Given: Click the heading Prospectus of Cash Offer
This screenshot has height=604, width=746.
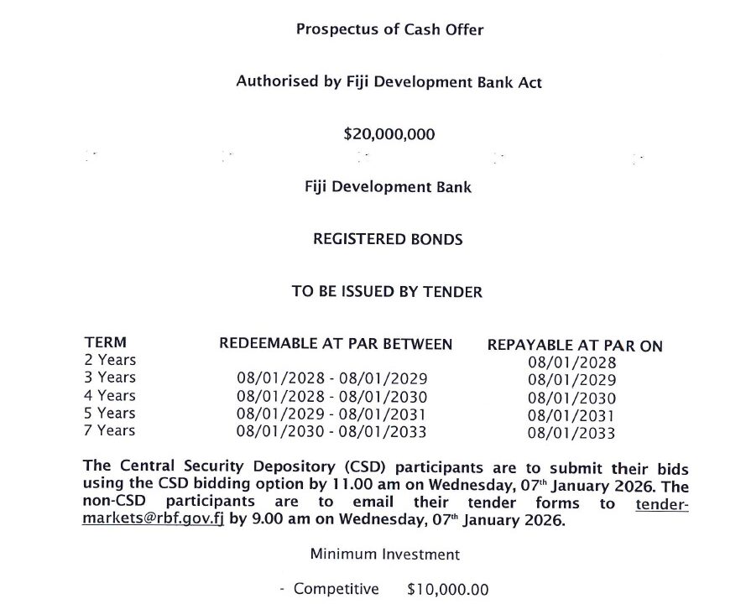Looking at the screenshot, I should tap(389, 29).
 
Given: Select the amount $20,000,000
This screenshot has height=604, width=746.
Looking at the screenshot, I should tap(389, 133).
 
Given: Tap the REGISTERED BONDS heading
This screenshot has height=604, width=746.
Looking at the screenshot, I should tap(387, 239).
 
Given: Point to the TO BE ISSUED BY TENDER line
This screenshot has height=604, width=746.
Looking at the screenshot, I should tap(387, 292).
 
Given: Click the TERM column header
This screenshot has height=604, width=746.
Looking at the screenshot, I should tap(106, 342).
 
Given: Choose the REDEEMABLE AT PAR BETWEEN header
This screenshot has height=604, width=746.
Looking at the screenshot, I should tap(336, 344).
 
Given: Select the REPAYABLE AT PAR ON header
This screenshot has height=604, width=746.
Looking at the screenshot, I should tap(574, 346).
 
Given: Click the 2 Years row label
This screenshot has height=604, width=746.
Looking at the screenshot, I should tap(110, 360).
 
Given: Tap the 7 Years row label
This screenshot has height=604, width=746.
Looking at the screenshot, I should tap(110, 430).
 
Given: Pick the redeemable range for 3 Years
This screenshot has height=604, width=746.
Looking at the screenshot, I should tap(332, 378).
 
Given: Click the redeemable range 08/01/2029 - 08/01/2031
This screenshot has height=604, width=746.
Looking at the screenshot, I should tap(332, 414).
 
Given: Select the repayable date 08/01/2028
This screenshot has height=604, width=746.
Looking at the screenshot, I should tap(571, 363).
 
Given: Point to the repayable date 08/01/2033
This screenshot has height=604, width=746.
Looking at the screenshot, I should tap(571, 434).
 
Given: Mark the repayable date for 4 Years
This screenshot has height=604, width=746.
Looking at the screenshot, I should tap(571, 398).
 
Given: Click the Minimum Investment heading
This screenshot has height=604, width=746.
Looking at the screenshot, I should tap(384, 555).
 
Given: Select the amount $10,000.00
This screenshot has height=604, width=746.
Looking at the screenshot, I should tap(447, 590).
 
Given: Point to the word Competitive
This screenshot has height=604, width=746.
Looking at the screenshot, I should tap(336, 590).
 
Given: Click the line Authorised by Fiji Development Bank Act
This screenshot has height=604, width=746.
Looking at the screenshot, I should tap(389, 82).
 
